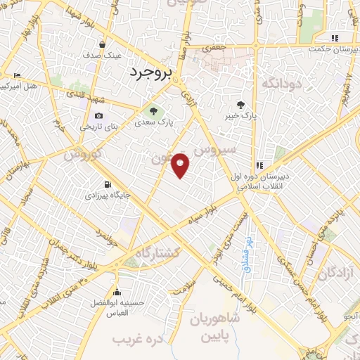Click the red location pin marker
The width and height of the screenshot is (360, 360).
[181, 165]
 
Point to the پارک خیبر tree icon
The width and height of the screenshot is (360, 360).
[241, 105]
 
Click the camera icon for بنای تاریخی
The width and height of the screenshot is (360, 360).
[98, 116]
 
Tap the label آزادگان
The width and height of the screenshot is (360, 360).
[334, 273]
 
